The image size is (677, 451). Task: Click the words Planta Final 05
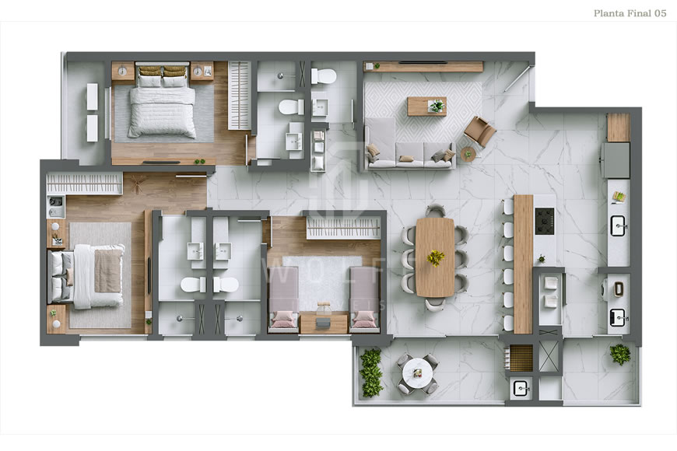[x=630, y=13]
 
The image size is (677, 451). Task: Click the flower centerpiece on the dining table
[x=436, y=256]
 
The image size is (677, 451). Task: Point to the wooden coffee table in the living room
[x=426, y=105]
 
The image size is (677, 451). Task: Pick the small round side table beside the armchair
[x=468, y=154]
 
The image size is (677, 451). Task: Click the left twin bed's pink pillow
[x=283, y=317]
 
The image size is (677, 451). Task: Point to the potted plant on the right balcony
[x=620, y=354]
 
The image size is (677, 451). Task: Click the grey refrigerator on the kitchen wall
[x=618, y=159]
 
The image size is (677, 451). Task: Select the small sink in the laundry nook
[x=520, y=386]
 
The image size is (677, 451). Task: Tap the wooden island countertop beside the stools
[x=523, y=264]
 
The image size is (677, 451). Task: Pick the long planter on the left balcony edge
[x=372, y=372]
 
